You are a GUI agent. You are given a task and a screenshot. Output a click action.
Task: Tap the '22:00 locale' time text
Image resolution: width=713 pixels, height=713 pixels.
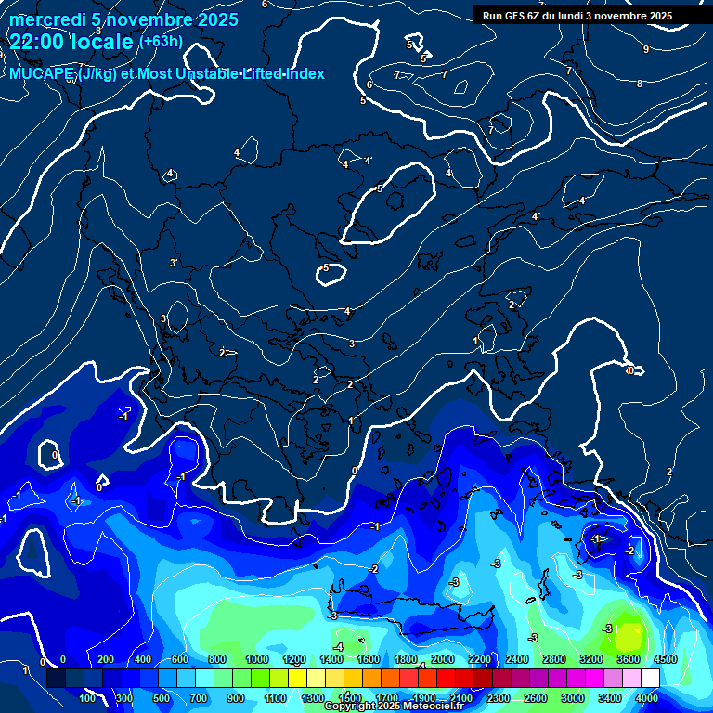click(x=71, y=42)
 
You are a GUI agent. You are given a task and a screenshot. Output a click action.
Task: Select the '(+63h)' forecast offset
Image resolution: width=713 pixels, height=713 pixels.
click(x=161, y=42)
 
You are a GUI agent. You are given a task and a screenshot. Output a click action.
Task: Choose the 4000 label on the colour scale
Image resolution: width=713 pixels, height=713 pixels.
click(x=647, y=697)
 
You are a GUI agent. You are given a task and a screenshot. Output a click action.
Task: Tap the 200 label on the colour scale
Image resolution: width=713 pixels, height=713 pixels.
click(x=106, y=659)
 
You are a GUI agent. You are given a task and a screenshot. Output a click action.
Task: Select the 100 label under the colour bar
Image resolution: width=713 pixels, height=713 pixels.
click(x=88, y=697)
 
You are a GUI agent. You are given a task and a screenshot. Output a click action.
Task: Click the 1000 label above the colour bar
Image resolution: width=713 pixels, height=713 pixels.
click(x=256, y=659)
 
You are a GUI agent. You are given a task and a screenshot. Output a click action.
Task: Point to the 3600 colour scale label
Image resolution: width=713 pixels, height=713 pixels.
click(x=628, y=659)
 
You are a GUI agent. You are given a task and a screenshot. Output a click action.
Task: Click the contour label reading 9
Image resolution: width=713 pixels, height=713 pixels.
click(x=646, y=49)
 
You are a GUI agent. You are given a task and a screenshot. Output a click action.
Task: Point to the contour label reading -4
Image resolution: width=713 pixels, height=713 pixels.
click(x=339, y=646)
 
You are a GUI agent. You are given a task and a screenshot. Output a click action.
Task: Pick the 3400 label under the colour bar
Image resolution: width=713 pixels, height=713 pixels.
click(x=609, y=697)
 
